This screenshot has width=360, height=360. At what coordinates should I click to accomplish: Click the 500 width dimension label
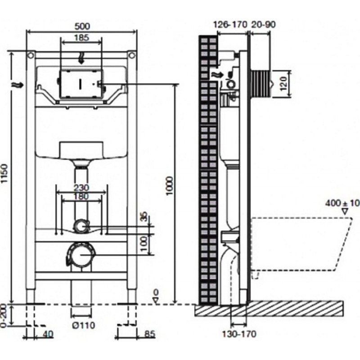pos(82,27)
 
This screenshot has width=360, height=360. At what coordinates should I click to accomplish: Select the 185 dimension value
pos(81,38)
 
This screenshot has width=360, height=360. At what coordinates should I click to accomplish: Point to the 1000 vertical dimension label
pos(170,186)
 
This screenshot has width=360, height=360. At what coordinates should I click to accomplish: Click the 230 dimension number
pos(81,188)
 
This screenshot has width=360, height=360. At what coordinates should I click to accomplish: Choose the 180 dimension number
pos(81,197)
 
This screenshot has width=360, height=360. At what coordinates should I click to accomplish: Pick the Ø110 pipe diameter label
pos(83,325)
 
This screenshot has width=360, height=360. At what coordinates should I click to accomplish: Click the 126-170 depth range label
pos(230,24)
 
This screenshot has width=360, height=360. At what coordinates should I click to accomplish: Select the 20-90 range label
pos(263,24)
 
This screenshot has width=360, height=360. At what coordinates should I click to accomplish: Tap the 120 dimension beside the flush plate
pos(283,83)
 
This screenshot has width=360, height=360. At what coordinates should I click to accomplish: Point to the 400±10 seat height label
pos(342,203)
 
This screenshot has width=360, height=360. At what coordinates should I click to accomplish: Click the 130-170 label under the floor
pos(239,334)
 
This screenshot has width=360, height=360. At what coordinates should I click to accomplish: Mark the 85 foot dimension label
pos(149,334)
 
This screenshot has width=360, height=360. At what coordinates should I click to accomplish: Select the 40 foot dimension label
pos(48,334)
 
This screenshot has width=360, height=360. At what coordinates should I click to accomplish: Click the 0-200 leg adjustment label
pos(4,315)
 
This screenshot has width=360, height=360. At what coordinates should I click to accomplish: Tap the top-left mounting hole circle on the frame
pos(31,55)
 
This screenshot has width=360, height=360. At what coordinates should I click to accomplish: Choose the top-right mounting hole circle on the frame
pos(131,55)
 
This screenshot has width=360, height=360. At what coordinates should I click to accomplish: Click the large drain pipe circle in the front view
pos(81,255)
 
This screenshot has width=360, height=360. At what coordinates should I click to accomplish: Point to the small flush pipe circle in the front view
pos(81,226)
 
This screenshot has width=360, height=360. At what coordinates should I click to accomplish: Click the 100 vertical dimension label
pos(144,244)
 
